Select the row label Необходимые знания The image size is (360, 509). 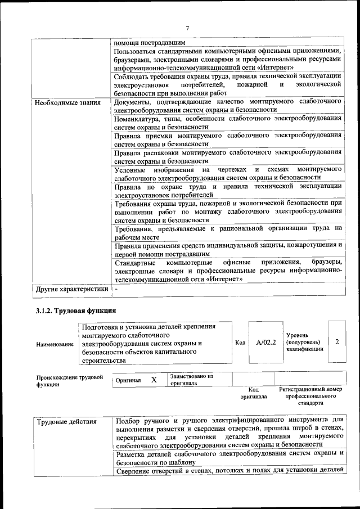[x=67, y=102]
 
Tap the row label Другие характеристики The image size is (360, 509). [x=71, y=289]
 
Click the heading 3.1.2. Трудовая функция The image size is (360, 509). [x=76, y=310]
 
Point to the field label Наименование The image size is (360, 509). [x=55, y=344]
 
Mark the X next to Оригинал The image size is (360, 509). [x=154, y=380]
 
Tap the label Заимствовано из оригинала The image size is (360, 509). [x=191, y=380]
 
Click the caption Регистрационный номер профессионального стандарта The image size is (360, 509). [x=310, y=396]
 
